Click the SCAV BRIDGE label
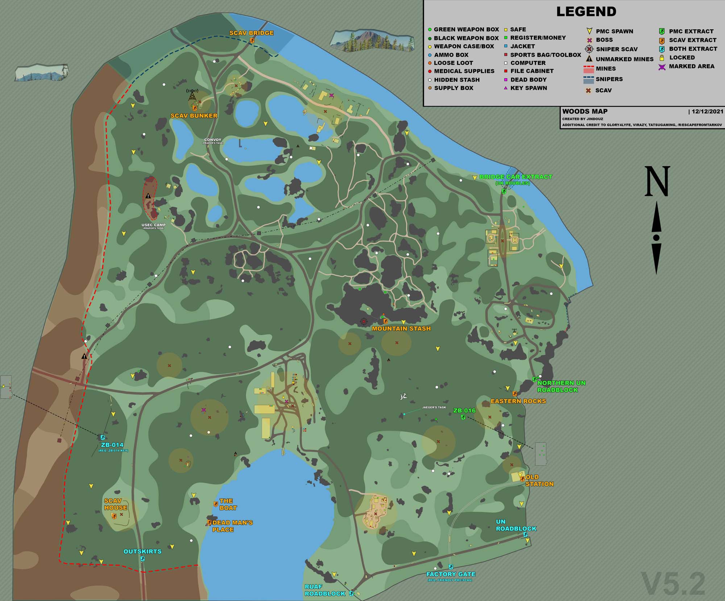click(251, 33)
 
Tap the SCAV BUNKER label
click(194, 116)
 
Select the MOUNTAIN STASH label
click(401, 329)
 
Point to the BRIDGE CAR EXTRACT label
click(515, 177)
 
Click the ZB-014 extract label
click(112, 445)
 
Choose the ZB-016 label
click(464, 411)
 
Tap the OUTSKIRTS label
click(142, 551)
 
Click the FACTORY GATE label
click(451, 574)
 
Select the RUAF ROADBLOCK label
click(325, 590)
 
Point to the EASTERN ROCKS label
click(518, 401)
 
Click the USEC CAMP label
click(153, 225)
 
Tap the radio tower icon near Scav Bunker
click(192, 95)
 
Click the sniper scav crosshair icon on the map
click(364, 321)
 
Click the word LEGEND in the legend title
click(586, 12)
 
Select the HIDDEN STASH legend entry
click(456, 80)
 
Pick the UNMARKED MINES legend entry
click(624, 59)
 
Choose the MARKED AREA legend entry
click(691, 66)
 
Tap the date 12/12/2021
click(707, 112)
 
